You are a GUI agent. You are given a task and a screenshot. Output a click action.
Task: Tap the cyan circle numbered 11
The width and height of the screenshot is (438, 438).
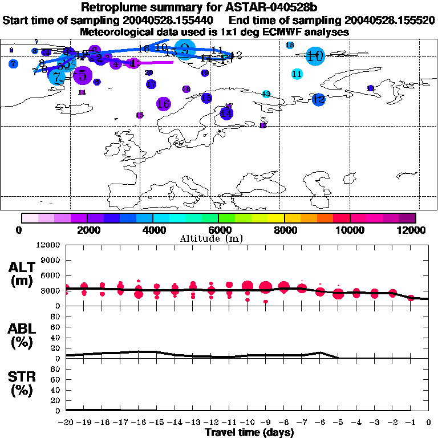tap(297, 74)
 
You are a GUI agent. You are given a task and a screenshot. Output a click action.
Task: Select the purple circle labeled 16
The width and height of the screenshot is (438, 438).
tap(163, 104)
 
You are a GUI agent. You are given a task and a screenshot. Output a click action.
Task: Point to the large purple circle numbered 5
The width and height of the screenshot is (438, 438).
tap(83, 75)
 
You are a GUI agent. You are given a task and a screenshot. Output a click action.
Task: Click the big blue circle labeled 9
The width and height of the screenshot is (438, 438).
tap(184, 50)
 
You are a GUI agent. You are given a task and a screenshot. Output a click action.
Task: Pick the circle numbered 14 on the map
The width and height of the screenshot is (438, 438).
tap(226, 113)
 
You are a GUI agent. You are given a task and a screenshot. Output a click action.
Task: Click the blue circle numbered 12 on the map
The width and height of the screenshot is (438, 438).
tap(318, 99)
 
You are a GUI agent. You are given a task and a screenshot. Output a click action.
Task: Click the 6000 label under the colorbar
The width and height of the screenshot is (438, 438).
tap(218, 230)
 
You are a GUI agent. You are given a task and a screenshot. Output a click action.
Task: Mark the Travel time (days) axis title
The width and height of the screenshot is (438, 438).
tap(249, 432)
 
